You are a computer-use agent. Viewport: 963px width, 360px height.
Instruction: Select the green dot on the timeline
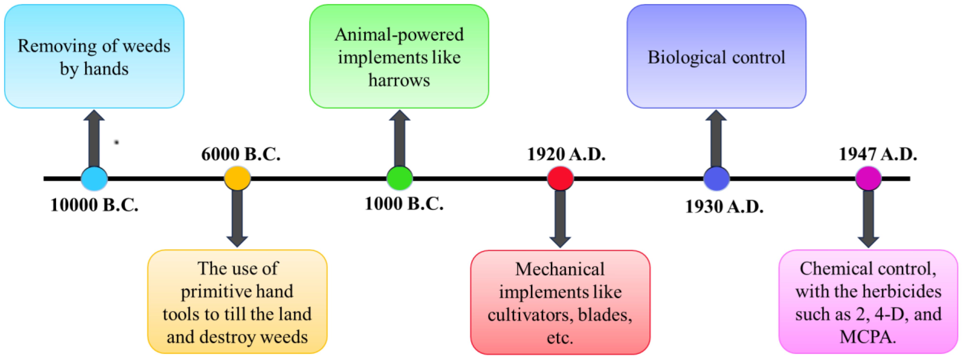coord(400,178)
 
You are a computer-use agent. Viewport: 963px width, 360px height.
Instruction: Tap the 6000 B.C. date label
coord(241,154)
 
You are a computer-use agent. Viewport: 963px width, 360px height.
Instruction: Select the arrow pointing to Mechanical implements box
coord(560,219)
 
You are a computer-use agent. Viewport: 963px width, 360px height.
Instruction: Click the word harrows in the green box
coord(399,80)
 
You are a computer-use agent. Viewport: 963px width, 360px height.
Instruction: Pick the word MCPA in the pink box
coord(868,337)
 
